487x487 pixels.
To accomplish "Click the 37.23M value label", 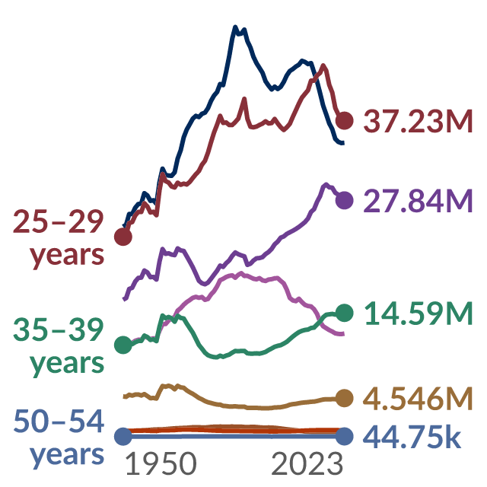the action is point(418,121).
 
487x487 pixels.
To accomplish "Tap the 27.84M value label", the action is point(418,201).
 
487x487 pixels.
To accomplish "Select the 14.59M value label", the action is point(418,313).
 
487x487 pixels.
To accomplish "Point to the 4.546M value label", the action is point(418,399).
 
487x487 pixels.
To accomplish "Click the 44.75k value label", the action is point(412,436).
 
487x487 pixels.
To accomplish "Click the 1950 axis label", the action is point(161,463).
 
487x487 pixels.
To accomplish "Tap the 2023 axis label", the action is point(307,463).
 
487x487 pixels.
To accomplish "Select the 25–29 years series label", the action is point(59,238).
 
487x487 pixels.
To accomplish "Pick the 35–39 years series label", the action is point(59,346).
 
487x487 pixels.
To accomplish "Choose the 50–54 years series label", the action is point(59,438).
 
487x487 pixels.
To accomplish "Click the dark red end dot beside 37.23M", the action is point(345,120).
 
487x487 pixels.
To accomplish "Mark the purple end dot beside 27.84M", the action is point(345,200).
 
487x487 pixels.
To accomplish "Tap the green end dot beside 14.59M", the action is point(345,313).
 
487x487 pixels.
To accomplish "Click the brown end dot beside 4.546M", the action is point(345,398).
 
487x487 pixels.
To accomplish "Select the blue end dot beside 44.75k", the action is point(345,436).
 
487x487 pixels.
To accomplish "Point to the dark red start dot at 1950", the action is point(123,237).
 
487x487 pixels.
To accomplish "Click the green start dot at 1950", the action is point(123,345).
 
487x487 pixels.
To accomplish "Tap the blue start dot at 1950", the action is point(123,436).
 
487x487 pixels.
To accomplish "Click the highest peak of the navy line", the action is point(235,26).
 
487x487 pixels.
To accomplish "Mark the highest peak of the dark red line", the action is point(323,65).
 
